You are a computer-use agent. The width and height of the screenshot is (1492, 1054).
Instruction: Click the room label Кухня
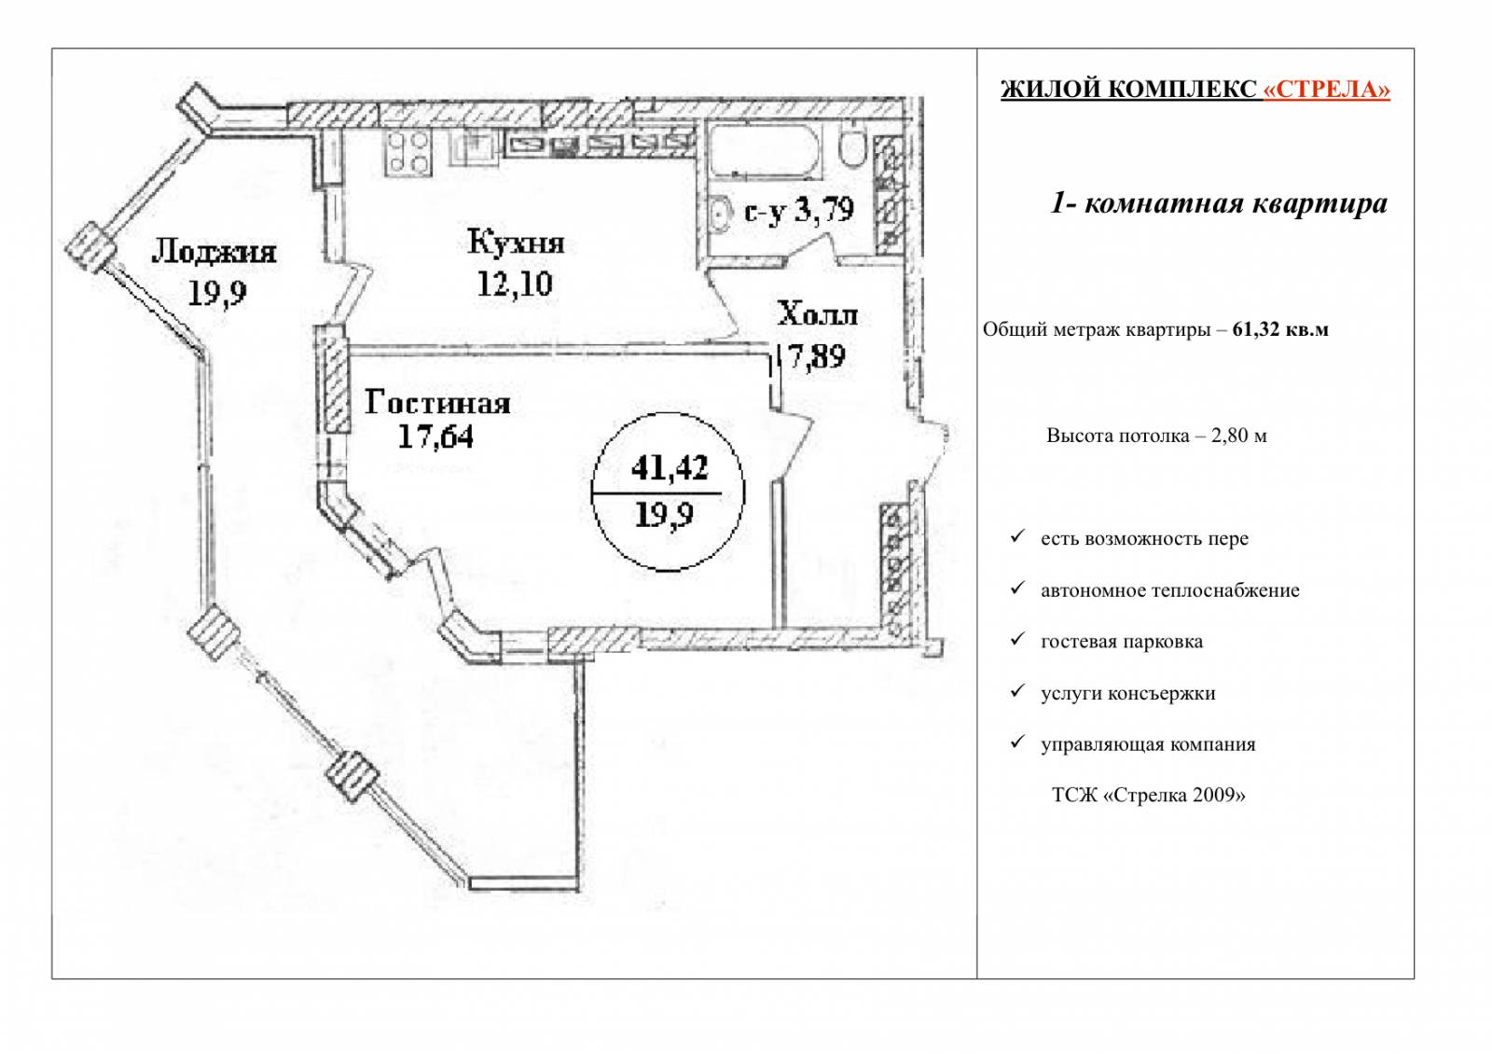(x=516, y=242)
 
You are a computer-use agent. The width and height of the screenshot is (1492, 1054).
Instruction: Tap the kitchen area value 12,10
(x=515, y=284)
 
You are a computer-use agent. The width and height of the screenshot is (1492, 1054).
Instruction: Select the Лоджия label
(x=214, y=253)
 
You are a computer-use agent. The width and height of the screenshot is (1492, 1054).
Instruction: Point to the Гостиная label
(x=437, y=403)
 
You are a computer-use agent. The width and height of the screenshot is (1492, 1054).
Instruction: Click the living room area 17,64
(x=435, y=437)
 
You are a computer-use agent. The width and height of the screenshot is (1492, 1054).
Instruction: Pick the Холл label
(x=817, y=314)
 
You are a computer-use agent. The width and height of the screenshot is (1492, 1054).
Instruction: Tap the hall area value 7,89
(x=817, y=356)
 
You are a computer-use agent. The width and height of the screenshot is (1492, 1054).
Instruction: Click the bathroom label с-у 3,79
(x=799, y=210)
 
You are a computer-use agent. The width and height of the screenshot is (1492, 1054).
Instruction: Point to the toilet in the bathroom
(x=851, y=147)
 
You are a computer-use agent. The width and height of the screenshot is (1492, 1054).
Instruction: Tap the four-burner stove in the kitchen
(x=408, y=153)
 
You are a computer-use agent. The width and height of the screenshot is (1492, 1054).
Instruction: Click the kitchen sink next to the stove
(x=475, y=146)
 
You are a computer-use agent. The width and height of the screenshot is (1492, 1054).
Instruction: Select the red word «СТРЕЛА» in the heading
(x=1327, y=90)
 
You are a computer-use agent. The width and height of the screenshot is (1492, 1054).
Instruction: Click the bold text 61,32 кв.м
(x=1280, y=329)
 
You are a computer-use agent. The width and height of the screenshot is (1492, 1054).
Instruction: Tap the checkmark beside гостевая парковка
(x=1017, y=640)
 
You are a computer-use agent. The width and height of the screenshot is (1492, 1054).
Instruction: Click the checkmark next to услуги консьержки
(x=1017, y=691)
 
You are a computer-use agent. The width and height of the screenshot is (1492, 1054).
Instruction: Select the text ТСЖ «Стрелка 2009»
(x=1148, y=795)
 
